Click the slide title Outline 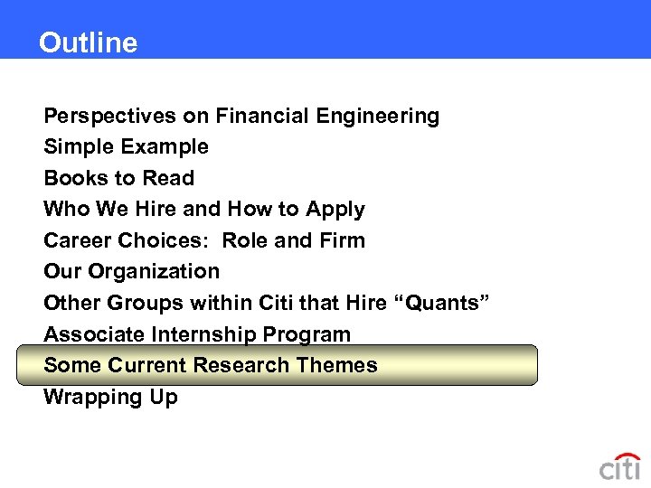(x=88, y=42)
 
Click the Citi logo (x=619, y=466)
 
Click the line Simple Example (x=126, y=146)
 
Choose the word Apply (x=335, y=210)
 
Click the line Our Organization (x=131, y=271)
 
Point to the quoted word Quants (x=442, y=303)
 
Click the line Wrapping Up (x=110, y=397)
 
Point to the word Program (x=307, y=334)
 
